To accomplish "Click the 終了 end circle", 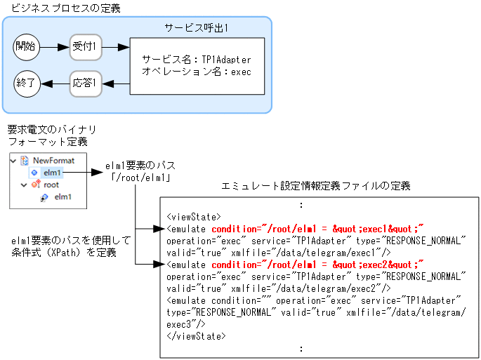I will pyautogui.click(x=27, y=84).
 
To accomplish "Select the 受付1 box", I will pyautogui.click(x=86, y=47).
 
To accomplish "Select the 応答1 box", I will pyautogui.click(x=86, y=84).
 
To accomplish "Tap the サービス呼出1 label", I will pyautogui.click(x=197, y=27).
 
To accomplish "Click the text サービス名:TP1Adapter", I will pyautogui.click(x=196, y=60).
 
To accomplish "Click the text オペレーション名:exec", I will pyautogui.click(x=196, y=72).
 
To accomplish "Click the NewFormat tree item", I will pyautogui.click(x=53, y=160).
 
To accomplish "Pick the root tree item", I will pyautogui.click(x=51, y=185).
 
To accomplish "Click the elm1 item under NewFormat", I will pyautogui.click(x=52, y=172).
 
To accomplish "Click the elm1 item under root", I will pyautogui.click(x=63, y=197).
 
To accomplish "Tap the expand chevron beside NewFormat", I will pyautogui.click(x=15, y=160).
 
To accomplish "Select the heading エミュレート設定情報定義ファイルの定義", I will pyautogui.click(x=315, y=186).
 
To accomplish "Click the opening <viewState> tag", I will pyautogui.click(x=194, y=217).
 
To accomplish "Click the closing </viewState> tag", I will pyautogui.click(x=196, y=336).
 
